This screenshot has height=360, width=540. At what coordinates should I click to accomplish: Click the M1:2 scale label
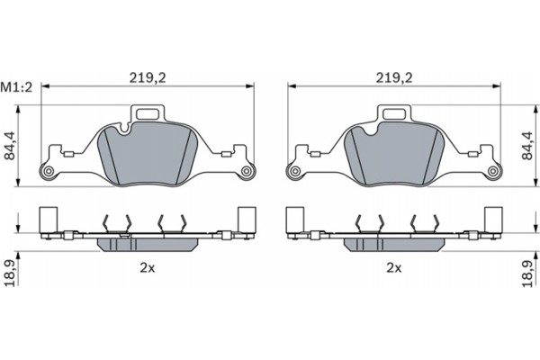click(x=16, y=87)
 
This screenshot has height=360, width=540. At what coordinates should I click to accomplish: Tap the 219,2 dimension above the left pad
click(x=148, y=78)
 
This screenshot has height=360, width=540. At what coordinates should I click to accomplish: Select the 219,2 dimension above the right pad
click(x=394, y=78)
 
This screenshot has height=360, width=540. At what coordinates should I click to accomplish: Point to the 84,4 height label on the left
click(x=10, y=146)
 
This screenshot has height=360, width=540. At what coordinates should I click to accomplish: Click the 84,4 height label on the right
click(x=527, y=146)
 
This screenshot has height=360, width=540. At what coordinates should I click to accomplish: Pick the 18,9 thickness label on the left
click(x=11, y=274)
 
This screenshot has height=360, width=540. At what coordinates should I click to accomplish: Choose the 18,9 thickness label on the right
click(x=527, y=274)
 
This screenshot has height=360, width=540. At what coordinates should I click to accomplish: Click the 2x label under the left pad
click(x=148, y=267)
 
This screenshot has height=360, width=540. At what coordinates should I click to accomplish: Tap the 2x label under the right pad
click(x=394, y=267)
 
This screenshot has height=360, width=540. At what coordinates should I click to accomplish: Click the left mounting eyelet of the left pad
click(x=49, y=171)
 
